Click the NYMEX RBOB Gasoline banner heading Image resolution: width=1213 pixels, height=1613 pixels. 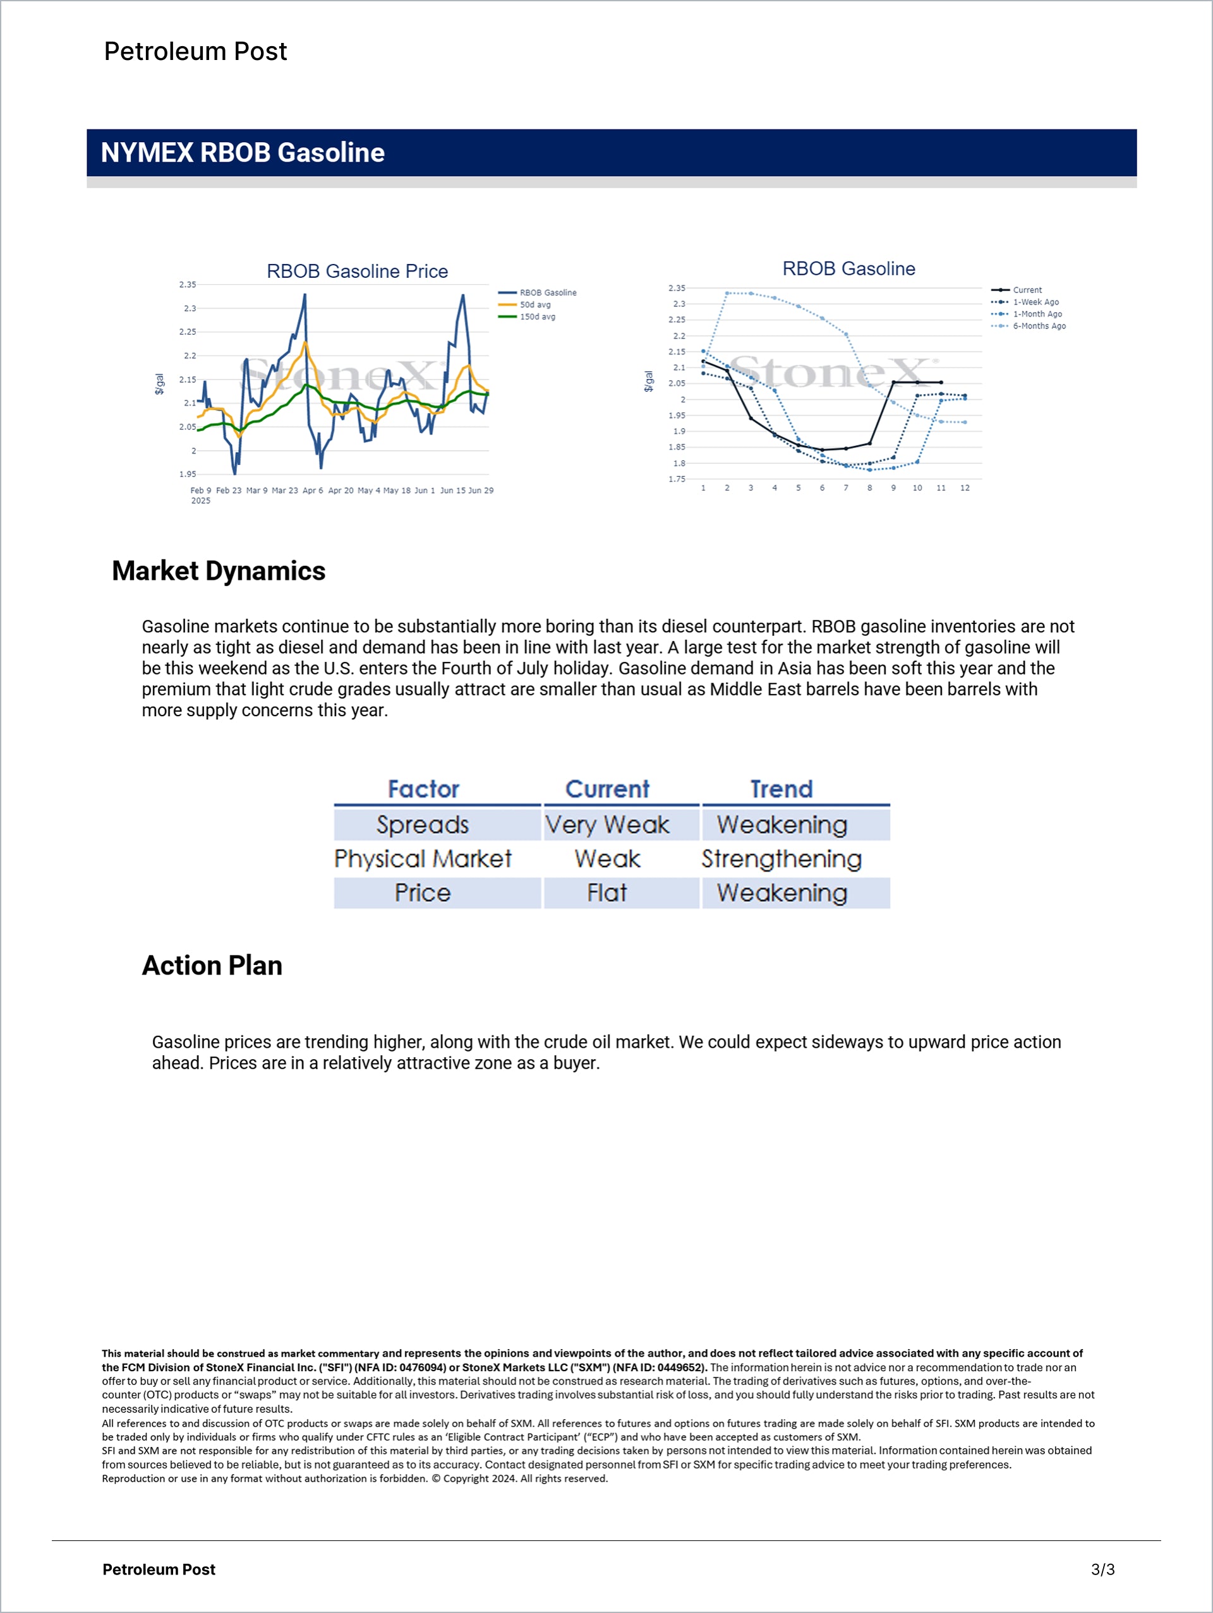242,152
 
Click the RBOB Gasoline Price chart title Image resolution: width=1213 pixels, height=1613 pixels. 357,272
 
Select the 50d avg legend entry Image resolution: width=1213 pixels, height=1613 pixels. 534,305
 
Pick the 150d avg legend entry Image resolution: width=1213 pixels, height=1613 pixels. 537,316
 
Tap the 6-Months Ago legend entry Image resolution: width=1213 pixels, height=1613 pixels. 1039,326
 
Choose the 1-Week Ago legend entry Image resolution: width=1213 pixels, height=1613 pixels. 1035,302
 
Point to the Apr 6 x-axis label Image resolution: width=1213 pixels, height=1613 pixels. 312,491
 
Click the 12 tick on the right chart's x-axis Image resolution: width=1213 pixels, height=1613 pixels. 964,488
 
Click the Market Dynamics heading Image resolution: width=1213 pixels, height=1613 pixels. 218,571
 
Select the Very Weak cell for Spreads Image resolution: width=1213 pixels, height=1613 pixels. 607,825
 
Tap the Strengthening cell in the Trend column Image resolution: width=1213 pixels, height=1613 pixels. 782,859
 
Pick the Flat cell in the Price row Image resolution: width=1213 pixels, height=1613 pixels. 607,892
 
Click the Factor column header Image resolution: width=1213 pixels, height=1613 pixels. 423,789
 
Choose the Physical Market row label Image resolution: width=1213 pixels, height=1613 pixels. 423,859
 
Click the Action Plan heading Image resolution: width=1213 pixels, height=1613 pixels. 212,966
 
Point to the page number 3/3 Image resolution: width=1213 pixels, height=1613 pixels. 1102,1569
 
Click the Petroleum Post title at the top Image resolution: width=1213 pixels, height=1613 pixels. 195,51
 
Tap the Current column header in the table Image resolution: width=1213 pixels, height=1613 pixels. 607,789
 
